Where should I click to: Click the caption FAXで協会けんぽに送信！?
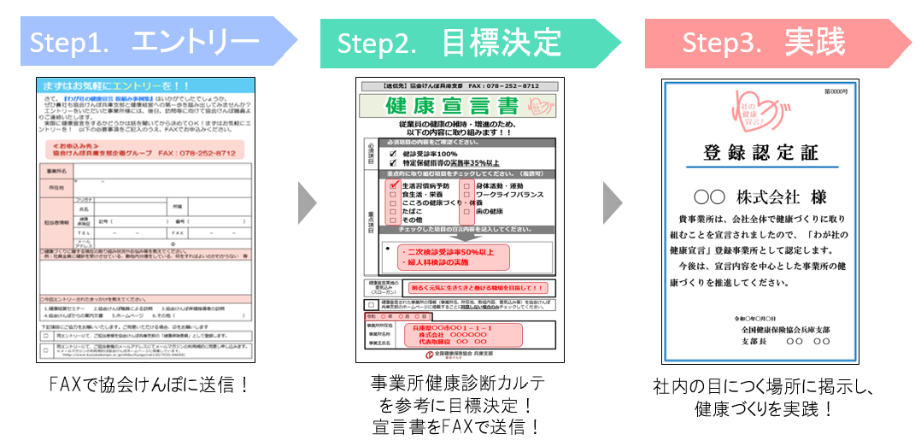[150, 384]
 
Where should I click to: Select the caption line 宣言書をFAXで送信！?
[456, 425]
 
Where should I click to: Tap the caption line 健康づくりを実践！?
[764, 408]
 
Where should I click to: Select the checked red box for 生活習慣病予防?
[394, 185]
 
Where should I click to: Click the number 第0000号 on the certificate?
[836, 91]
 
